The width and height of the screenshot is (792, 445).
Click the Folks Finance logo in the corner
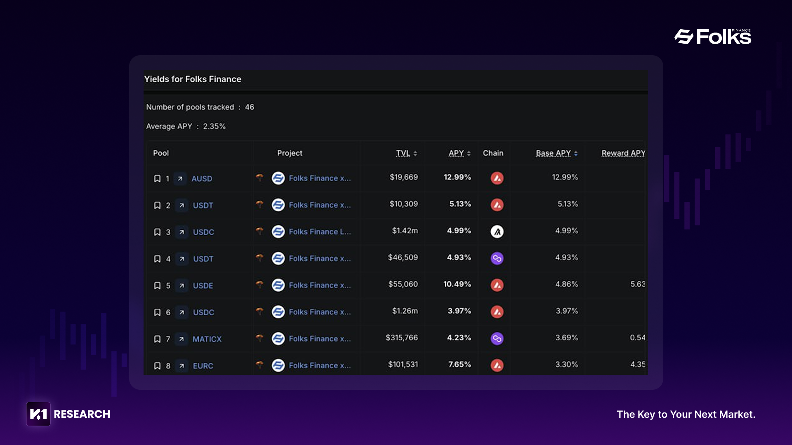(712, 37)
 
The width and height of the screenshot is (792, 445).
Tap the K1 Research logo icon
(38, 414)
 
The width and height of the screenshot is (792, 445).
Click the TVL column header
(403, 153)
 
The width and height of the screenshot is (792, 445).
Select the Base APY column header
(553, 153)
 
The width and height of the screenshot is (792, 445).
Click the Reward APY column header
(623, 153)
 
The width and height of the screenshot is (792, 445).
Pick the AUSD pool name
(202, 178)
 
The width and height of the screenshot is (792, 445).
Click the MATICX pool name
(207, 339)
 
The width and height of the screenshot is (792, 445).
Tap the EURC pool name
(203, 366)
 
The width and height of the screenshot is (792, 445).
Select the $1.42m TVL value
(405, 231)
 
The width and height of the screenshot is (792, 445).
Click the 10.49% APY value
(457, 284)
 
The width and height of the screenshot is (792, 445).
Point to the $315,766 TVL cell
(402, 338)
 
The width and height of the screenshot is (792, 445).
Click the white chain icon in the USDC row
(497, 232)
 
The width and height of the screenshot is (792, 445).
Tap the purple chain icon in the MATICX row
(497, 339)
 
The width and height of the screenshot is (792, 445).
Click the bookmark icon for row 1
(157, 178)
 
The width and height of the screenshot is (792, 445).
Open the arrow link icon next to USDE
(181, 286)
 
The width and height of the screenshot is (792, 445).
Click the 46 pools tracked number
(250, 107)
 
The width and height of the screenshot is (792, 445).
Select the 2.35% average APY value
(214, 126)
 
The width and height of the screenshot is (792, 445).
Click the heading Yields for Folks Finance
(193, 79)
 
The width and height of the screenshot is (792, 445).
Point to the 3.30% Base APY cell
(566, 365)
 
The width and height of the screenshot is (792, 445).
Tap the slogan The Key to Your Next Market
(686, 415)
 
